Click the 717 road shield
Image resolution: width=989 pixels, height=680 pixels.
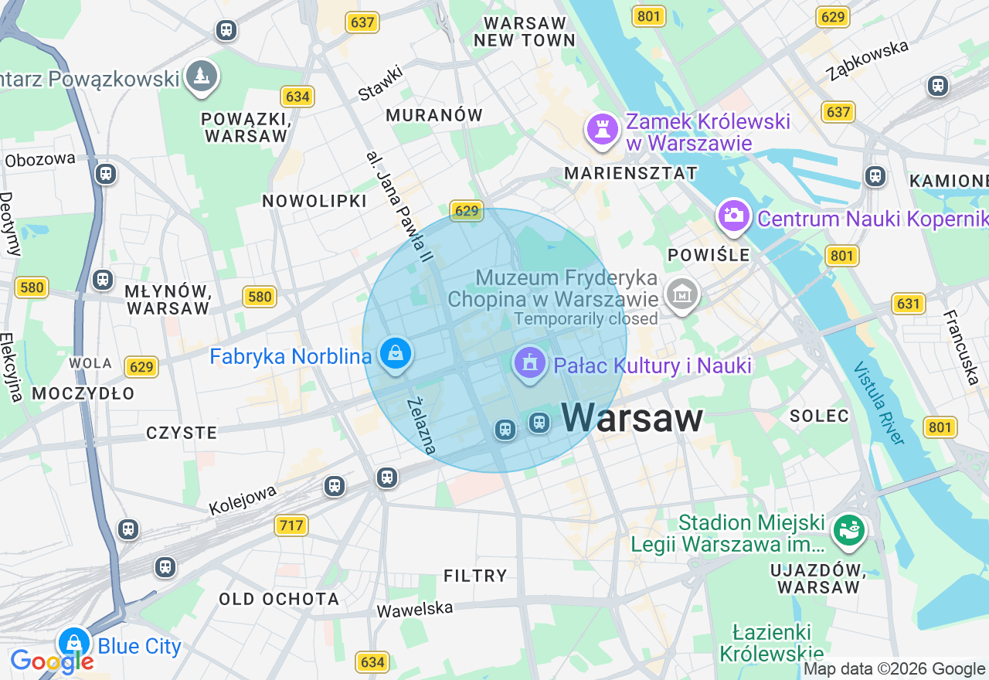click(291, 525)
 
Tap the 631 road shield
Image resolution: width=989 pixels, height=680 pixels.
click(909, 304)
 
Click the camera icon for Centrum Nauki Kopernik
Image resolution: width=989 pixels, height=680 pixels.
click(733, 216)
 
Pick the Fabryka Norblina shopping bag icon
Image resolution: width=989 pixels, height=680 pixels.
click(396, 354)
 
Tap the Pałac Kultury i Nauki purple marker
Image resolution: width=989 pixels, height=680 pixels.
click(529, 363)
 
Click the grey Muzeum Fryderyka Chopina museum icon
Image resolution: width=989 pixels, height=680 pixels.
click(682, 294)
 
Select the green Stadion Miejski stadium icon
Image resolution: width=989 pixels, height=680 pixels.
click(848, 529)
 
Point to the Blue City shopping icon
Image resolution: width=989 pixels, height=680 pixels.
click(74, 642)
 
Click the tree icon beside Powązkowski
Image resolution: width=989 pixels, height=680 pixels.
click(202, 76)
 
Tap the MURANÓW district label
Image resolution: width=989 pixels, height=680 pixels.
click(433, 115)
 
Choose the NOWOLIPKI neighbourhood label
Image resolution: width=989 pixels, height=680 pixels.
click(314, 201)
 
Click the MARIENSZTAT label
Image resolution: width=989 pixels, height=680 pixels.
click(630, 173)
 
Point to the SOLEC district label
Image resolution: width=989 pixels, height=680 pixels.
click(819, 416)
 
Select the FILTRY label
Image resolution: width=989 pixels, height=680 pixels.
click(475, 576)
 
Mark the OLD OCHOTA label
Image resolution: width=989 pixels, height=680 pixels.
click(279, 599)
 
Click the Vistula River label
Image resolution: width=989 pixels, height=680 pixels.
click(879, 403)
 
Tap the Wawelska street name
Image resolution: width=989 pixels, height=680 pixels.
click(414, 609)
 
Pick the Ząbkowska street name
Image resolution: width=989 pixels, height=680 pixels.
click(867, 60)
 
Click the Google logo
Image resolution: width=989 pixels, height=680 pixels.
click(52, 661)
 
